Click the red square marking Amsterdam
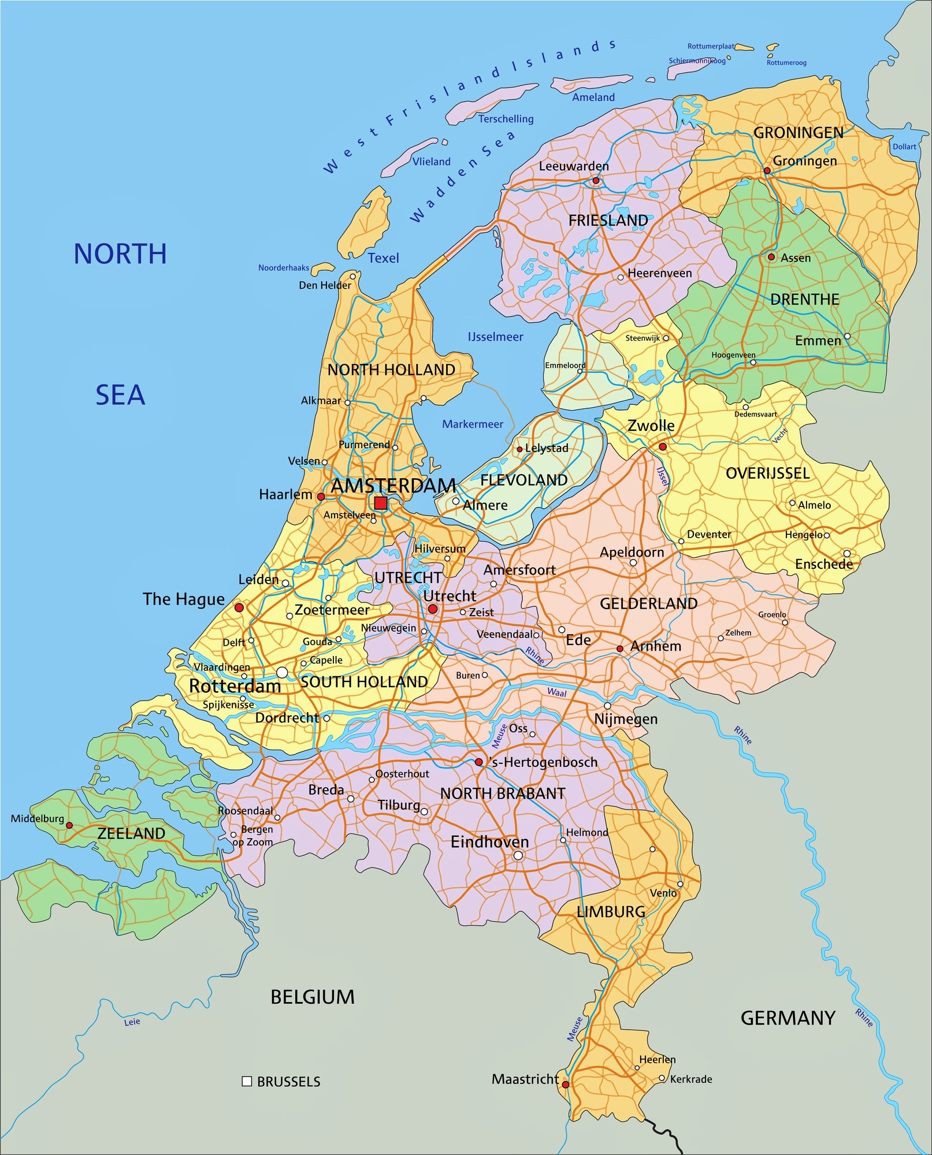pos(380,503)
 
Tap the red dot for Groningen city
pos(767,170)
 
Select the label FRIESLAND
pos(608,220)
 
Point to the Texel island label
pos(384,258)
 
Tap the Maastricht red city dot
pos(566,1085)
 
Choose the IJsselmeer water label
pos(495,337)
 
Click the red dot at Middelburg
pos(69,825)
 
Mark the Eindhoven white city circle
pos(518,855)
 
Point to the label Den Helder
pos(325,285)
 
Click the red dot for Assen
pos(771,257)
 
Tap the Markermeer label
pos(473,424)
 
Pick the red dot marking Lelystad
pos(519,449)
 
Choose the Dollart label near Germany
pos(904,147)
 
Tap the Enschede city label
pos(824,564)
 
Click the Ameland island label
pos(593,98)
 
